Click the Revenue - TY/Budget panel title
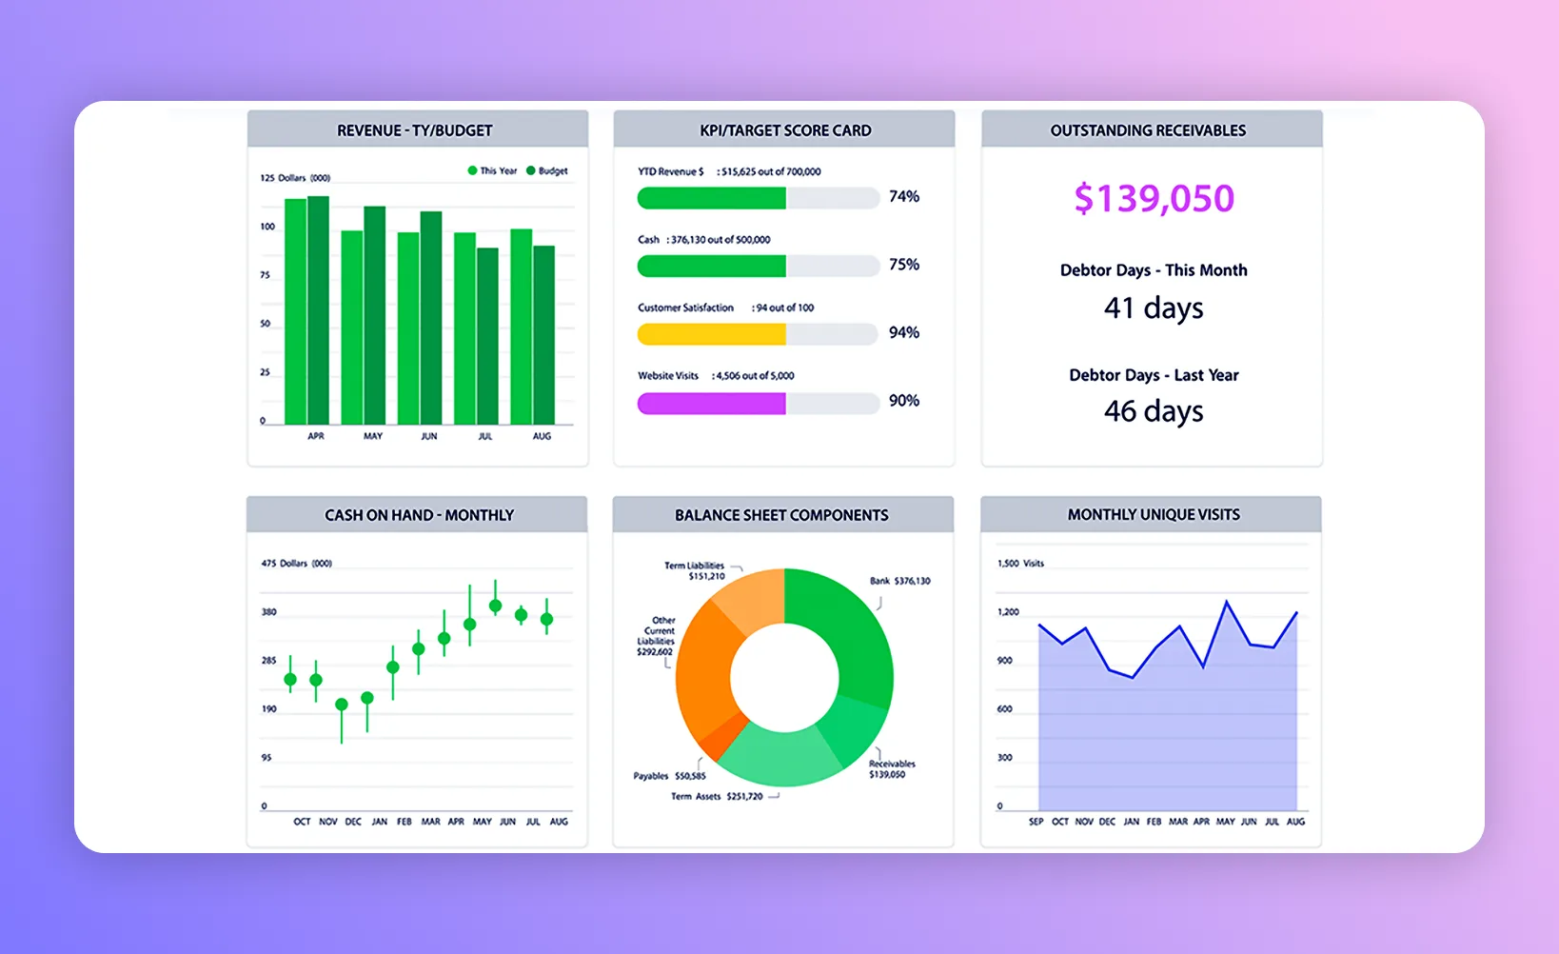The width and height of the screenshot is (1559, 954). coord(415,130)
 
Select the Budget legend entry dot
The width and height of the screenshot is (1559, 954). coord(531,171)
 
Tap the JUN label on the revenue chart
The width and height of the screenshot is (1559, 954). coord(429,436)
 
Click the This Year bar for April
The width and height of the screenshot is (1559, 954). coord(295,311)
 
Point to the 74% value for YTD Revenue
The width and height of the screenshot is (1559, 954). coord(904,197)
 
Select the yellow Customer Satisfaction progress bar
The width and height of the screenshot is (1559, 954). coord(711,334)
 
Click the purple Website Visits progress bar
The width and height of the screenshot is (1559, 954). coord(711,404)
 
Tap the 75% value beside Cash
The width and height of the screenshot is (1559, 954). coord(904,265)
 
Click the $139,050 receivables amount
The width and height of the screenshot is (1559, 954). coord(1154,199)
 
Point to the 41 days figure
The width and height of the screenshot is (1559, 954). coord(1154,308)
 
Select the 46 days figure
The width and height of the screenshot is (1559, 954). coord(1154,411)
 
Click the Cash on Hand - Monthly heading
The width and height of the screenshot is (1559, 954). coord(419,515)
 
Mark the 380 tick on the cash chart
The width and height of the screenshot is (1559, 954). coord(269,612)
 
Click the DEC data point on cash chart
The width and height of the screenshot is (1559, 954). coord(342,705)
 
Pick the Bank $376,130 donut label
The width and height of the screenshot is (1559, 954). coord(899,581)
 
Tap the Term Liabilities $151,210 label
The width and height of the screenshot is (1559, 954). coord(695,570)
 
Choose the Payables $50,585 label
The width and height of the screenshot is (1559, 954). coord(669,776)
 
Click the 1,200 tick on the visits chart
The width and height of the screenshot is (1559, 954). coord(1008,612)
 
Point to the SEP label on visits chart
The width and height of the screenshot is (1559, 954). coord(1036,822)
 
